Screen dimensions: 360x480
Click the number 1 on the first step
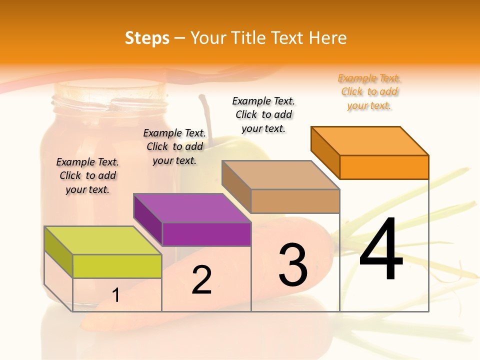[x=116, y=295]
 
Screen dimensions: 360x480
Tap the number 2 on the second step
[x=201, y=280]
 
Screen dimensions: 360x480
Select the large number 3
[x=293, y=264]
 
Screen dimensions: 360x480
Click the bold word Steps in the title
[x=147, y=38]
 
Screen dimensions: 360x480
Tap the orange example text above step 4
[x=369, y=92]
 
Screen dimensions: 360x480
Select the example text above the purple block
[x=174, y=146]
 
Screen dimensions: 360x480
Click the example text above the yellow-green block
[x=87, y=175]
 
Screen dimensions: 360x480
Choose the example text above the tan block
[x=263, y=114]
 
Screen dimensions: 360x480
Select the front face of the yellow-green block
[x=117, y=266]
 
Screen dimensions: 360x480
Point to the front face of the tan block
[x=295, y=201]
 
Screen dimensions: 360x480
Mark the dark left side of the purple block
[x=148, y=220]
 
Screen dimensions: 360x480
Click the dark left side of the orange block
[x=325, y=152]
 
